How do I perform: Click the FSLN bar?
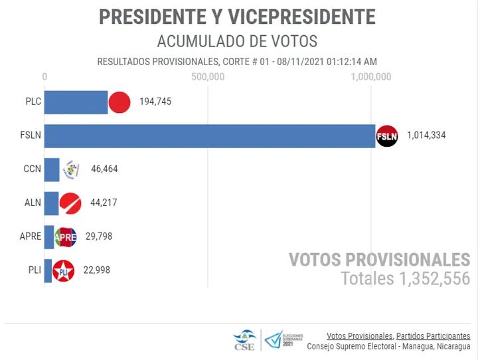tap(209, 135)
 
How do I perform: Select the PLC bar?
tap(76, 102)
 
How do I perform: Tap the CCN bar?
tap(52, 169)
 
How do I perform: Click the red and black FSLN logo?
tap(386, 135)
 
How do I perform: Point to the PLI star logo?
tap(63, 270)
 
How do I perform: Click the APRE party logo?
tap(65, 236)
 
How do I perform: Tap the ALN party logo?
tap(70, 203)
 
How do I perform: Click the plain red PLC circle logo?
tap(119, 102)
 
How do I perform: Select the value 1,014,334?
tap(426, 135)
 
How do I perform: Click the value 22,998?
tap(93, 270)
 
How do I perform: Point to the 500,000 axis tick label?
tap(208, 77)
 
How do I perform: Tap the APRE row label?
tap(30, 236)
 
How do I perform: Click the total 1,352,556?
tap(432, 278)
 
